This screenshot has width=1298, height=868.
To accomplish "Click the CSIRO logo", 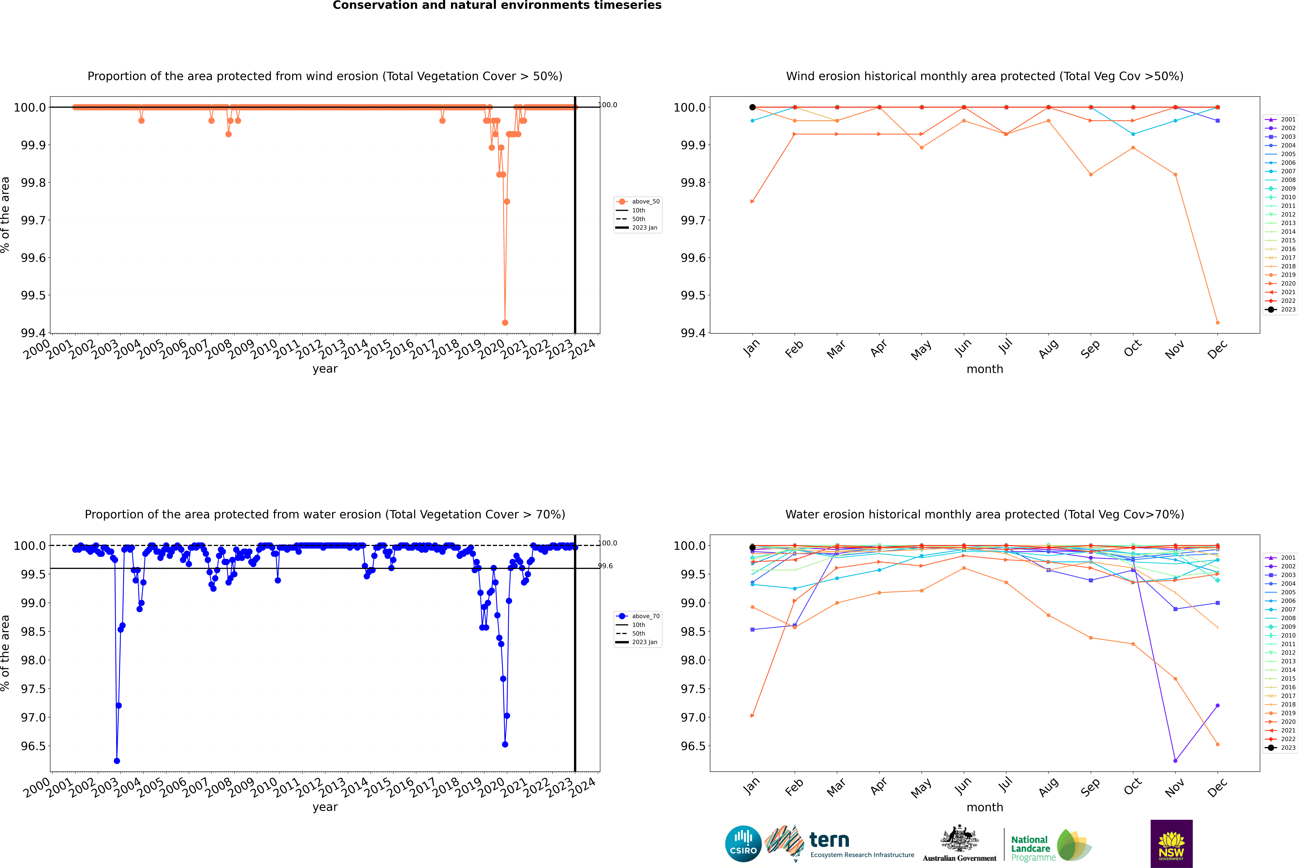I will pyautogui.click(x=743, y=844).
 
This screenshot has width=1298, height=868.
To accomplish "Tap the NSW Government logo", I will pyautogui.click(x=1171, y=844).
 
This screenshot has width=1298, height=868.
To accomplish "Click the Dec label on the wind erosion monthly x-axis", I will pyautogui.click(x=1217, y=350).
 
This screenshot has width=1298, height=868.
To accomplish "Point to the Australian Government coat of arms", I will pyautogui.click(x=959, y=838).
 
